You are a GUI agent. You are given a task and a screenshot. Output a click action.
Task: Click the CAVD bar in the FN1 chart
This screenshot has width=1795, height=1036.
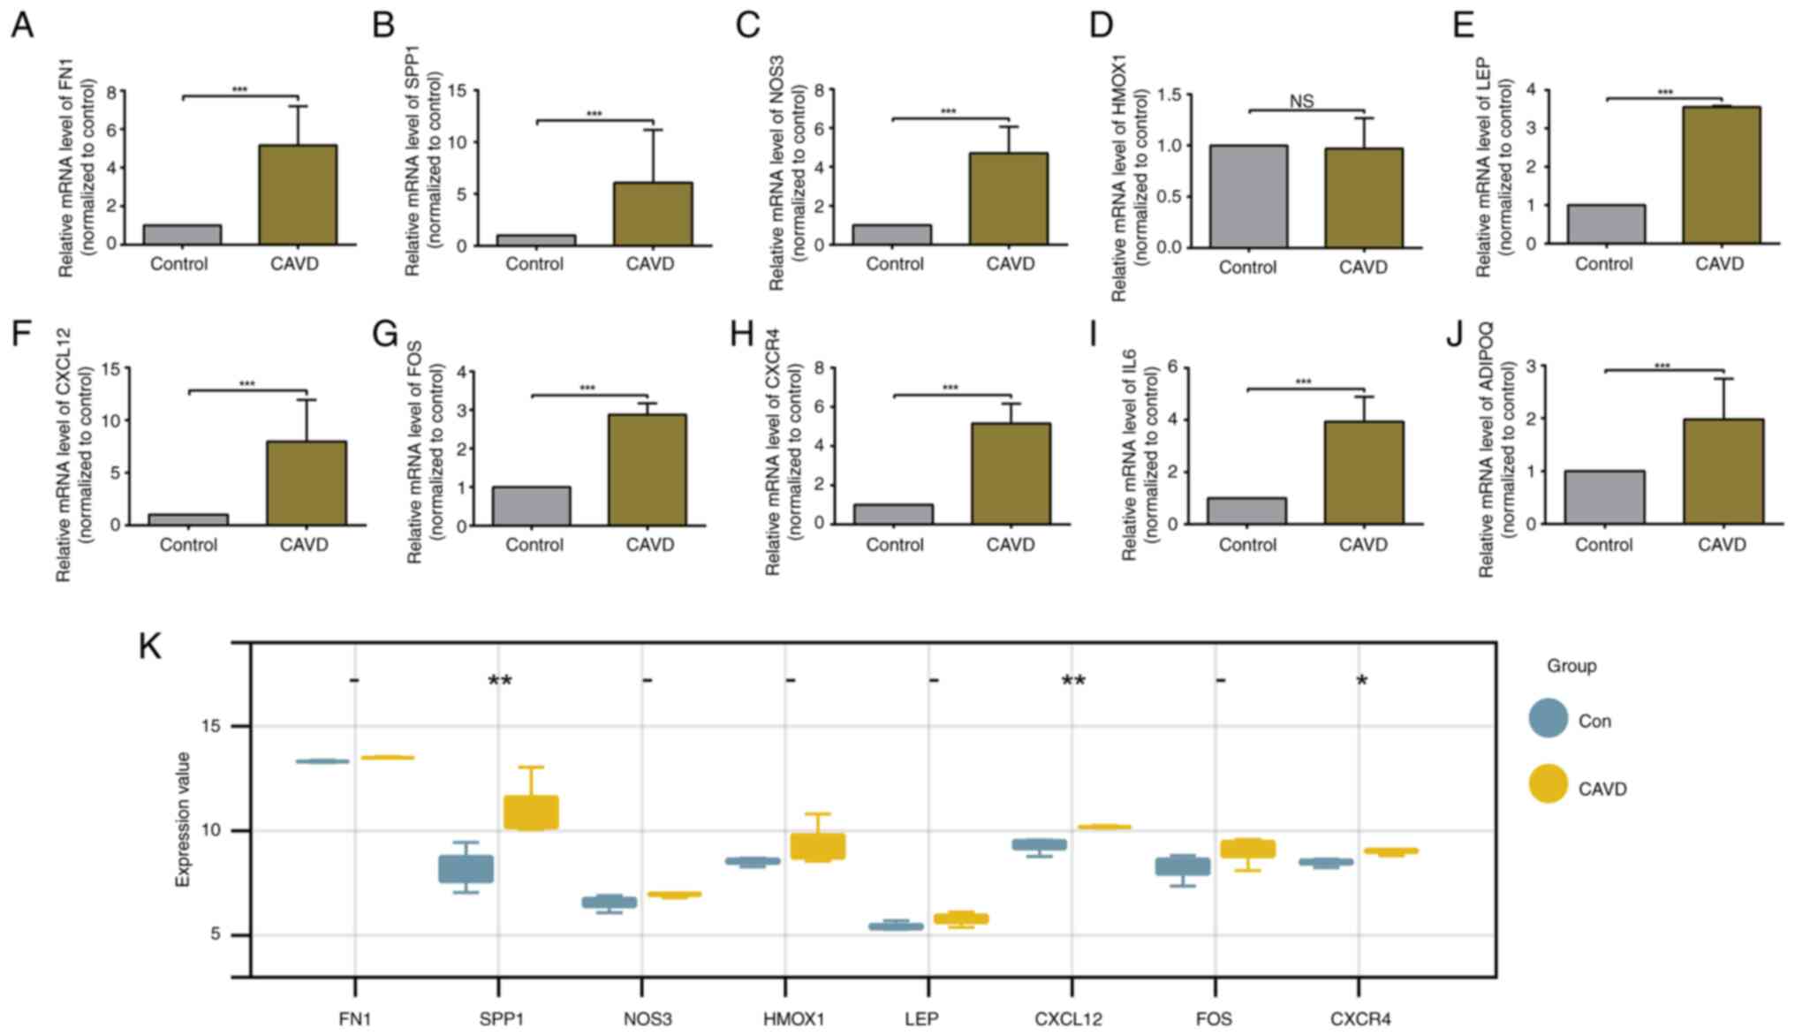click(298, 195)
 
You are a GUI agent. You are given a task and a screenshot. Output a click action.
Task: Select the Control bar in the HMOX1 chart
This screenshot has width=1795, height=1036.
click(1248, 196)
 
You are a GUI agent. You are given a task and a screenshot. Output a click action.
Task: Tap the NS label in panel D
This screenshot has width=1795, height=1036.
click(1301, 102)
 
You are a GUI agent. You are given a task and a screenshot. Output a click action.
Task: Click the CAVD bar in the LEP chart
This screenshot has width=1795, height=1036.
click(1721, 175)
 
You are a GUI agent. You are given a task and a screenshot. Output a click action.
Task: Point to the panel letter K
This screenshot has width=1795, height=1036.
click(150, 647)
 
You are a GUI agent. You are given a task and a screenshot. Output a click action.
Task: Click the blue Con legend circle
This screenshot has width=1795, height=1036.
click(1548, 720)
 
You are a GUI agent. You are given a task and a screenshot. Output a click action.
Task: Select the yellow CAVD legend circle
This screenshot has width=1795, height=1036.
click(1548, 784)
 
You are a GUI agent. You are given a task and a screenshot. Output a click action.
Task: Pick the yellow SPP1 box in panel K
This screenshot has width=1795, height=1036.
click(531, 813)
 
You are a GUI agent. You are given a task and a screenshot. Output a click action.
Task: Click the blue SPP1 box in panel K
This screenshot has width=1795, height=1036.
click(466, 869)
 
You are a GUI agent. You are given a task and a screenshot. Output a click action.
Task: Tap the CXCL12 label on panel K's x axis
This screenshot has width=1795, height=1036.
click(1068, 1019)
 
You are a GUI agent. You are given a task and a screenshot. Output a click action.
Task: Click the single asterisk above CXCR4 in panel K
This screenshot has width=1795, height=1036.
click(1361, 682)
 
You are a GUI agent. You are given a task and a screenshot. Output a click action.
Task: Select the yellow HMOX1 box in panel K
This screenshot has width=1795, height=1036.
click(818, 846)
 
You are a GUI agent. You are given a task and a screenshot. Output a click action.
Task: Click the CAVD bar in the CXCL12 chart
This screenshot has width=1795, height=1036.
click(307, 483)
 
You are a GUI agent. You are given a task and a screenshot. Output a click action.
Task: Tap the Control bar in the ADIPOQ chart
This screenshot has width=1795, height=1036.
click(1604, 497)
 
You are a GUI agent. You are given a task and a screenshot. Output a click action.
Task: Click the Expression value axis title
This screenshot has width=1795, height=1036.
click(183, 819)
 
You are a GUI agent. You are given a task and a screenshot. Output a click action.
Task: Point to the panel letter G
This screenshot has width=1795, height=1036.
click(385, 335)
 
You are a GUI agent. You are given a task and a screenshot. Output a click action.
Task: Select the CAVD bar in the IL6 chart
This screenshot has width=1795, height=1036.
click(1364, 473)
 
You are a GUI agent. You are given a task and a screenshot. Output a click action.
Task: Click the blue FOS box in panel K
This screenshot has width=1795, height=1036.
click(1183, 866)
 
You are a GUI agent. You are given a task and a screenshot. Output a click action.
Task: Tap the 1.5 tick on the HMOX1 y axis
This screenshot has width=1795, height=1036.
click(1169, 95)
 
